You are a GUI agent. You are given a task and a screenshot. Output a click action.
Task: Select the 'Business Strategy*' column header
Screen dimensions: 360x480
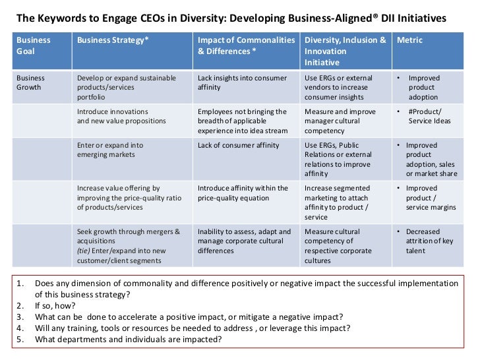tap(113, 40)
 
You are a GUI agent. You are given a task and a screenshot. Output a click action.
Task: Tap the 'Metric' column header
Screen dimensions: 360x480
tap(409, 40)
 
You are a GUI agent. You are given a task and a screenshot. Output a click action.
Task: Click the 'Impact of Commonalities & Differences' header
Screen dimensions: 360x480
tap(246, 45)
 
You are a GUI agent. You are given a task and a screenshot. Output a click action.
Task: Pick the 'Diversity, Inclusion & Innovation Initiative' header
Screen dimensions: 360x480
tap(345, 51)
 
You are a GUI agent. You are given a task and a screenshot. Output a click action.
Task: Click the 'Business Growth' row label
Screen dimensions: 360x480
tap(32, 82)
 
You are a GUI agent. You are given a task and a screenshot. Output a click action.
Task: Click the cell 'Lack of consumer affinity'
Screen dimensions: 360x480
tap(237, 145)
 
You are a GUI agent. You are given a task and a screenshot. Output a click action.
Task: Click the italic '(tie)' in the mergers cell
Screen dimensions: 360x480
tap(84, 251)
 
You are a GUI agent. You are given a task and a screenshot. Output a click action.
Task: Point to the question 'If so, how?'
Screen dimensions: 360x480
tap(55, 306)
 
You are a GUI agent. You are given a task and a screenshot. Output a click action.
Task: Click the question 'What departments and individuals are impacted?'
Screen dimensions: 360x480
tap(128, 340)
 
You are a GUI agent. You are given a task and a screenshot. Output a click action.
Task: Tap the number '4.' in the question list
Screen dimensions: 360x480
tap(20, 328)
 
